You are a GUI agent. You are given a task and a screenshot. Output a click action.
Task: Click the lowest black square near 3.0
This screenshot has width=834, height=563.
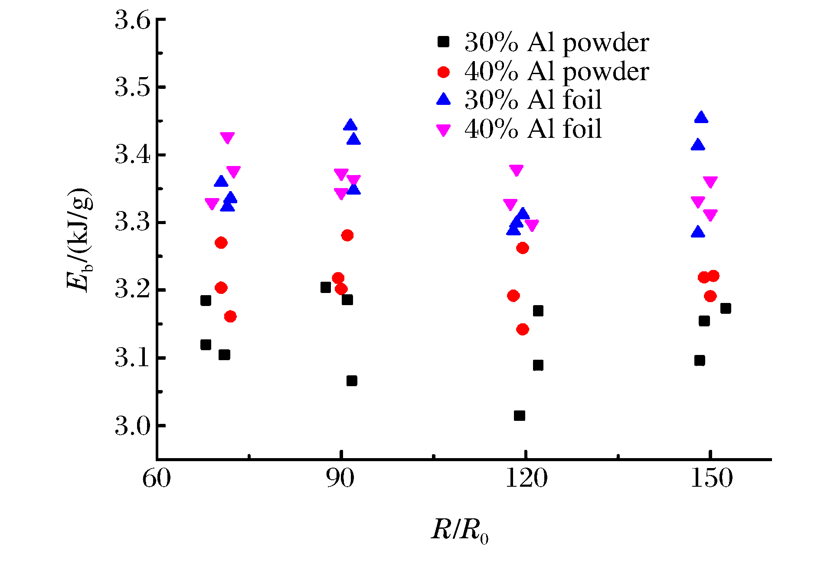point(519,416)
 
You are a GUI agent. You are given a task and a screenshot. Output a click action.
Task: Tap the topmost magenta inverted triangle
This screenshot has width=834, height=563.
point(227,138)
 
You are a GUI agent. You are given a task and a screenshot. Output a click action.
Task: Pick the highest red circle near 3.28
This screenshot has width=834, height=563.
point(347,235)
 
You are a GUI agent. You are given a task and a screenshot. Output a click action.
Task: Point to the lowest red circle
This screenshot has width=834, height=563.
point(523,329)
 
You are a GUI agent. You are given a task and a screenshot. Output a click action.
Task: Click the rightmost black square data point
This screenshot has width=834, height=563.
point(726,309)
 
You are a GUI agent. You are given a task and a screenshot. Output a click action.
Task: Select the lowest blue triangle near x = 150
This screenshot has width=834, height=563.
point(698,232)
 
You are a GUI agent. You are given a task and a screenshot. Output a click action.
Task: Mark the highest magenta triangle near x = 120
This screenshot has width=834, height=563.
point(516,170)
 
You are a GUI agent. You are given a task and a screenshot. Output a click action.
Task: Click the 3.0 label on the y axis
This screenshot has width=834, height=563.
point(132,426)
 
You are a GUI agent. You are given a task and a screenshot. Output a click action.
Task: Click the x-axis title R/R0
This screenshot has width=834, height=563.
point(460,530)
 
